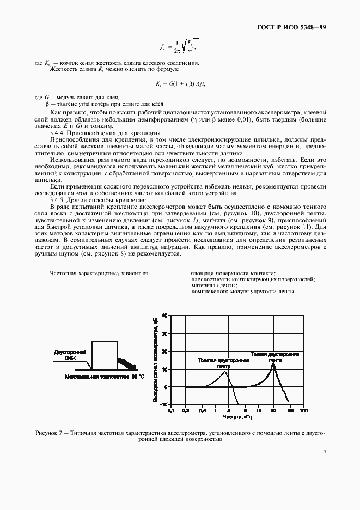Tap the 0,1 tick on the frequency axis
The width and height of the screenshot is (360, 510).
[170, 410]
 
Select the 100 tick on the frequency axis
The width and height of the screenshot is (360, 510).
[304, 410]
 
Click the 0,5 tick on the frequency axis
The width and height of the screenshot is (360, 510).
[203, 410]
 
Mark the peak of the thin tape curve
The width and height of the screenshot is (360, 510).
[273, 363]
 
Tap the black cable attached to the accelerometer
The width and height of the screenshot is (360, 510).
[127, 364]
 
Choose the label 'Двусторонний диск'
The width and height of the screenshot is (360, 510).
[70, 355]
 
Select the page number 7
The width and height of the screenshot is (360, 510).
[324, 452]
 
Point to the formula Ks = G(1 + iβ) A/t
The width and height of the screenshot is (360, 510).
[180, 84]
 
